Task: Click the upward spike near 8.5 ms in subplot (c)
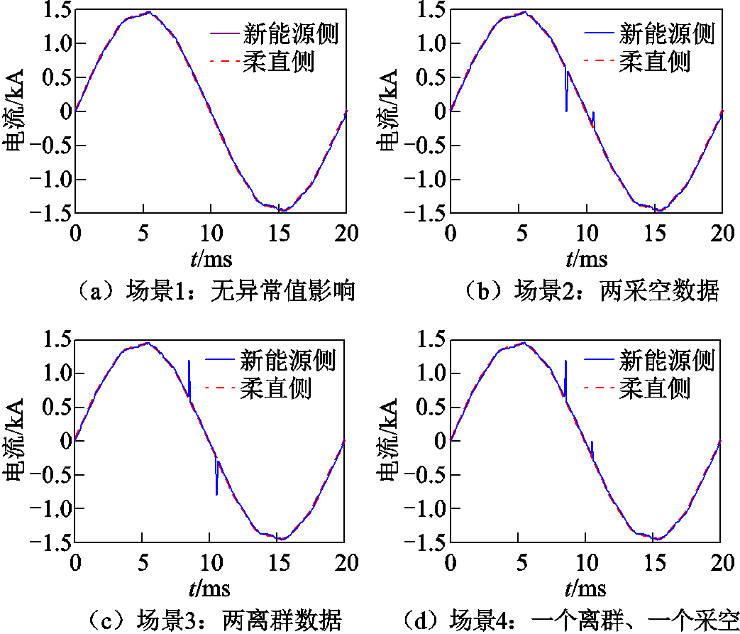tap(189, 376)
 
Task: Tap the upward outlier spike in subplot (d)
tap(565, 376)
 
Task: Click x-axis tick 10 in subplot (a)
tap(211, 233)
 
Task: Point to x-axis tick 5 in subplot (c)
tap(143, 562)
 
